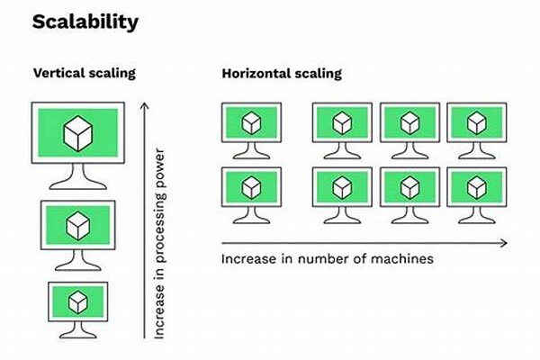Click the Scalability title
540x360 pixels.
point(85,22)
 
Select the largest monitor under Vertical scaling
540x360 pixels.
point(78,135)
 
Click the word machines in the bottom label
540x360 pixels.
point(402,259)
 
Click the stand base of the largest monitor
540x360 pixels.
point(78,186)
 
